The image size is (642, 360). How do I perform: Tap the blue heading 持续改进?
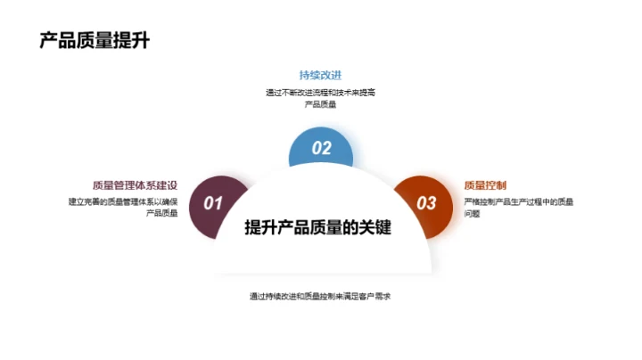coord(320,75)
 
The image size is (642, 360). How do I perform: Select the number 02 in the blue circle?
coord(321,149)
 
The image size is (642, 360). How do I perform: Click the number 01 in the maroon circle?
coord(213,203)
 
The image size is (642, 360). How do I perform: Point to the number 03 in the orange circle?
coord(427,203)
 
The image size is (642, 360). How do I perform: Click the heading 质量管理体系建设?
coord(136,185)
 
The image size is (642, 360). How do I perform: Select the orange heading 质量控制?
coord(485,185)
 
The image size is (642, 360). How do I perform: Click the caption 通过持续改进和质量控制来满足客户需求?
coord(321,296)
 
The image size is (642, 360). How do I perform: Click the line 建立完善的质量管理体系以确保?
coord(124,201)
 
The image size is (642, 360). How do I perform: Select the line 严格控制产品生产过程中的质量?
coord(519,201)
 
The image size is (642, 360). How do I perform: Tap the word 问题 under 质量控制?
coord(473,214)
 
